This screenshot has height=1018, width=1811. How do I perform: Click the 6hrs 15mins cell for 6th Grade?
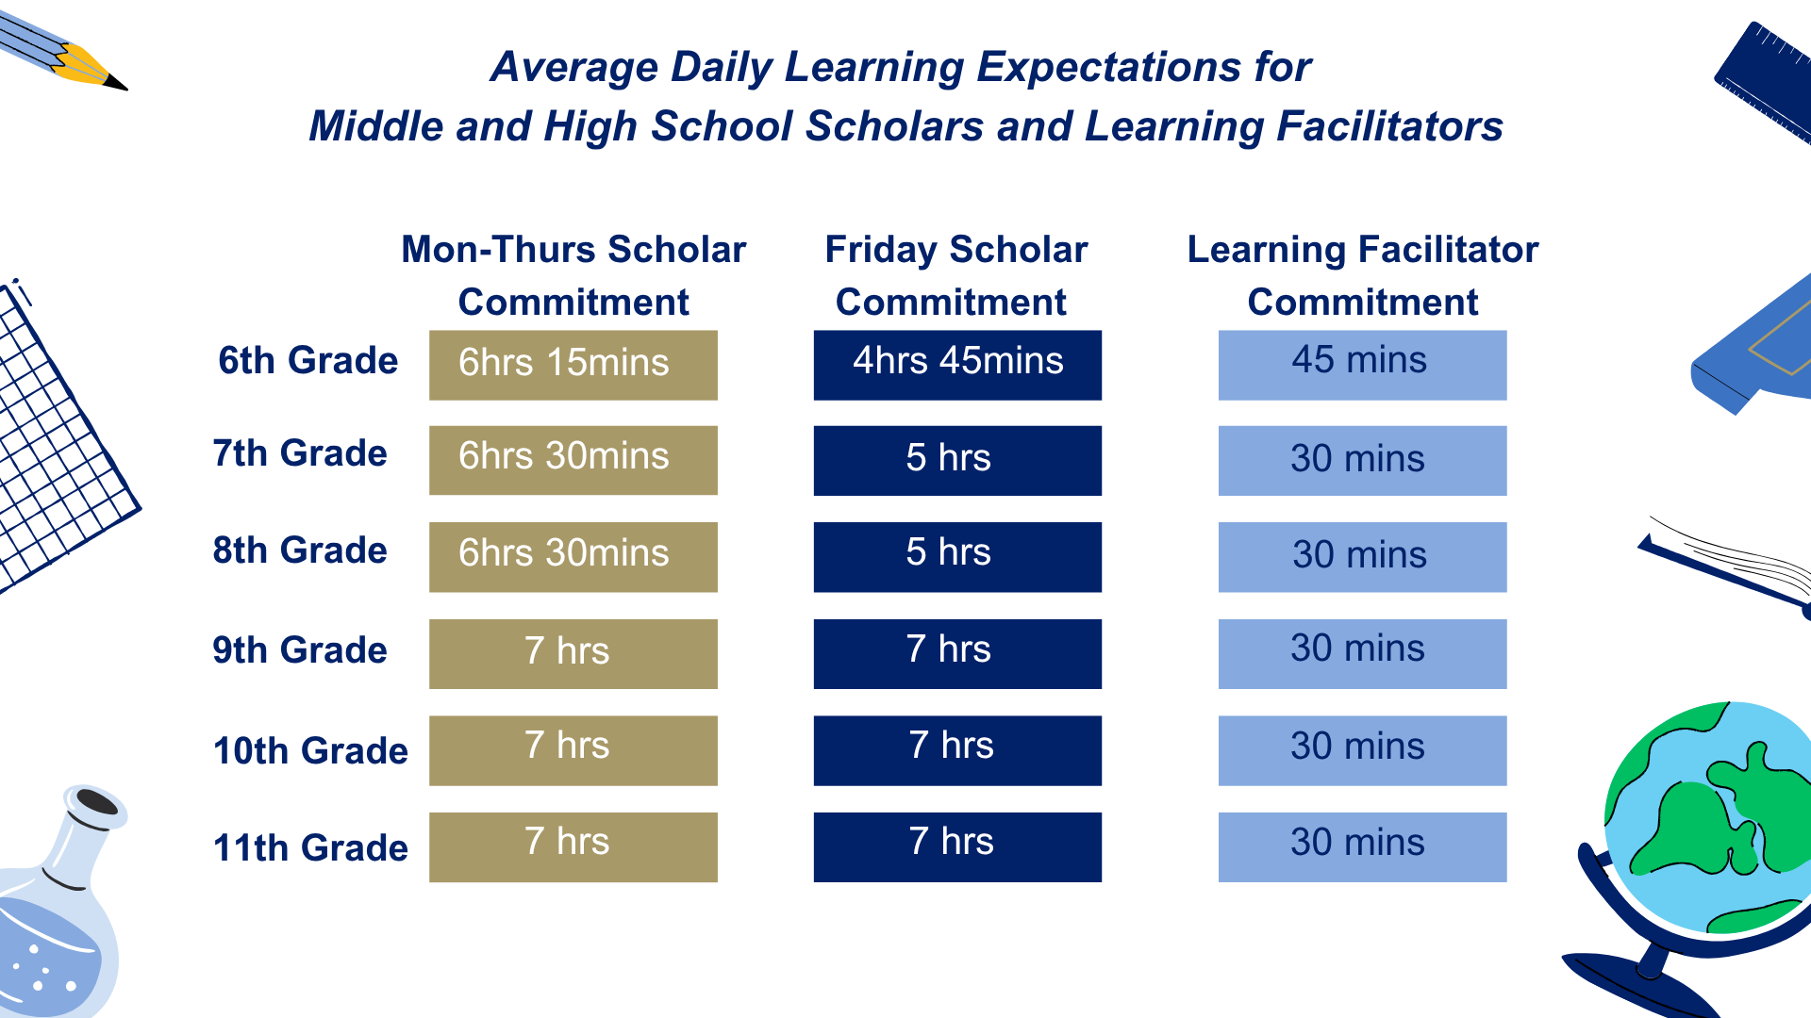573,365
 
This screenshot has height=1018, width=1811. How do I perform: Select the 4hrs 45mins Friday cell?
957,365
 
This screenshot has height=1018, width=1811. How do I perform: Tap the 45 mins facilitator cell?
1362,365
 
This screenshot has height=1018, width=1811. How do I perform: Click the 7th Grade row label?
300,453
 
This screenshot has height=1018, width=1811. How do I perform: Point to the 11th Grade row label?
310,847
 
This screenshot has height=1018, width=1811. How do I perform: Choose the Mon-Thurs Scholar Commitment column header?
573,275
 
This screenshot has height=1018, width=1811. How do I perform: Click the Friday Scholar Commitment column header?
955,275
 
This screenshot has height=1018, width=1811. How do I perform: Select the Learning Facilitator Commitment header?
1362,275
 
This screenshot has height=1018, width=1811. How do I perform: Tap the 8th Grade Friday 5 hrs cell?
957,556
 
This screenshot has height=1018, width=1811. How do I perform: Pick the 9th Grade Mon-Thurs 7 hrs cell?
573,653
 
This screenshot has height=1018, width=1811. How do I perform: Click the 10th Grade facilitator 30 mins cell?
1362,750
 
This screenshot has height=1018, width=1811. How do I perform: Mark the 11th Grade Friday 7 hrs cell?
957,846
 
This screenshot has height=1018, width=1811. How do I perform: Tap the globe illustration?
1707,820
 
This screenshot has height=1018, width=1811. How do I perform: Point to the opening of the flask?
96,803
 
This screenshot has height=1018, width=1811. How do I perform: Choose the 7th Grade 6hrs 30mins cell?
573,460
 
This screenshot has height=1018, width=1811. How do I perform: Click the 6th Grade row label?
307,361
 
